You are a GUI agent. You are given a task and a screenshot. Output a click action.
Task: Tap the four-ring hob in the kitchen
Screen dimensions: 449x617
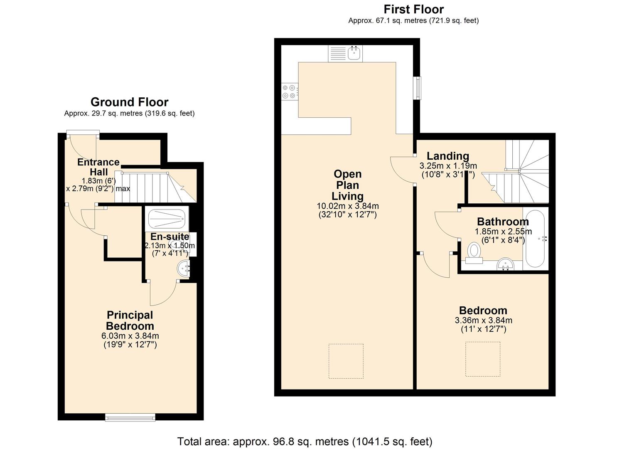pyautogui.click(x=289, y=91)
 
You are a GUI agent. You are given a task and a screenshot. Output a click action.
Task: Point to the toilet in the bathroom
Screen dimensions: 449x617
pyautogui.click(x=474, y=253)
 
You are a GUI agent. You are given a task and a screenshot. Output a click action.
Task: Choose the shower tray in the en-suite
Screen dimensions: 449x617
pyautogui.click(x=166, y=219)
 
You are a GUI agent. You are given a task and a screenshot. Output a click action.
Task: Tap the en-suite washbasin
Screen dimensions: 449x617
pyautogui.click(x=183, y=269)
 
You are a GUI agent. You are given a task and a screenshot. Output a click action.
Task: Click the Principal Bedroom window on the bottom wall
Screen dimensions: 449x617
pyautogui.click(x=130, y=417)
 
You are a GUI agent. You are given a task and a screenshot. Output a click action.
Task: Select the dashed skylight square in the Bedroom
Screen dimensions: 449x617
pyautogui.click(x=482, y=359)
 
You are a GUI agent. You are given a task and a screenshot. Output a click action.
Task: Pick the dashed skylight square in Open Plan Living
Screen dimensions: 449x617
pyautogui.click(x=346, y=361)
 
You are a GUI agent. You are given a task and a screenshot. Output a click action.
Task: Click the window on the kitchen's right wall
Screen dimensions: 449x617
pyautogui.click(x=416, y=88)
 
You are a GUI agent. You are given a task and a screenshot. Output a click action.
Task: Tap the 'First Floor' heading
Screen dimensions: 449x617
pyautogui.click(x=413, y=9)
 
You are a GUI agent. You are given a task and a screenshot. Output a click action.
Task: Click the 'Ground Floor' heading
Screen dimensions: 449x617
pyautogui.click(x=129, y=102)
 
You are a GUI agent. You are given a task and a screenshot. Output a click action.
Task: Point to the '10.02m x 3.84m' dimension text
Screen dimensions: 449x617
pyautogui.click(x=347, y=206)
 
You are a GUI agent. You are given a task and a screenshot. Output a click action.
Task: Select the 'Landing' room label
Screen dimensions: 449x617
pyautogui.click(x=448, y=156)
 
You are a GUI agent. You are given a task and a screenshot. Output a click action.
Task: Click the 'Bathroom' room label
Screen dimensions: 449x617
pyautogui.click(x=503, y=221)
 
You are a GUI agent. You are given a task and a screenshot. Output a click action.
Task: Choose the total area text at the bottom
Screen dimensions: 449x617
pyautogui.click(x=305, y=441)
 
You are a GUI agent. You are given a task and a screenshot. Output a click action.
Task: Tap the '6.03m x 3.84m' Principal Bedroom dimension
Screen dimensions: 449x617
pyautogui.click(x=130, y=336)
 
